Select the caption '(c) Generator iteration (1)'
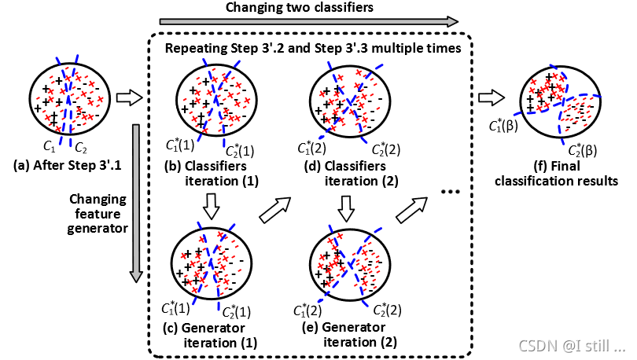coord(206,334)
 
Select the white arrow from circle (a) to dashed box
coord(128,98)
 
